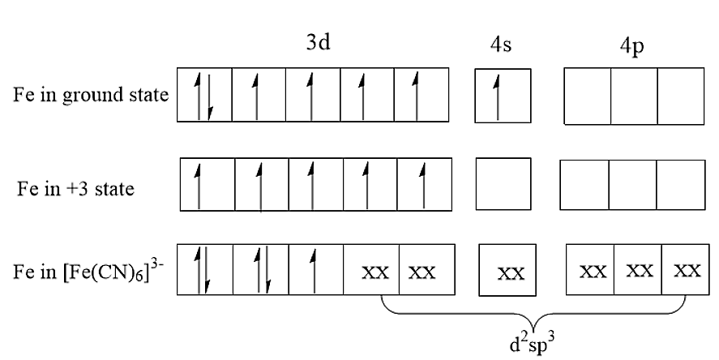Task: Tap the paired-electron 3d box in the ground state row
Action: click(x=204, y=96)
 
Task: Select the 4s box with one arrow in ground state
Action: click(x=502, y=96)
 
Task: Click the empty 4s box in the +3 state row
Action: click(x=503, y=181)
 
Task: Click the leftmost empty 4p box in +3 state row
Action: click(x=585, y=181)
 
